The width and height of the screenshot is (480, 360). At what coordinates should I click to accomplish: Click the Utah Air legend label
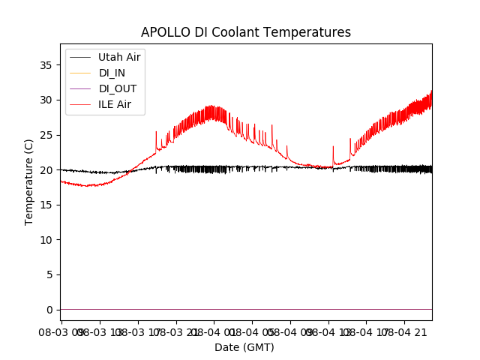tap(118, 57)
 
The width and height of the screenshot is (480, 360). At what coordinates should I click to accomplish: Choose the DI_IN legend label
tap(112, 73)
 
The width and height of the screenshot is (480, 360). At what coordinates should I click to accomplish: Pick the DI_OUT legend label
tap(118, 88)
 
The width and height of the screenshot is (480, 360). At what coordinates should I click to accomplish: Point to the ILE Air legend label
tap(115, 104)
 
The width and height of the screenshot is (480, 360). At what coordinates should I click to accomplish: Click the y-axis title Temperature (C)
tap(29, 182)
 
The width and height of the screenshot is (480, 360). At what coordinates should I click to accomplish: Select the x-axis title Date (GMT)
tap(244, 347)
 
